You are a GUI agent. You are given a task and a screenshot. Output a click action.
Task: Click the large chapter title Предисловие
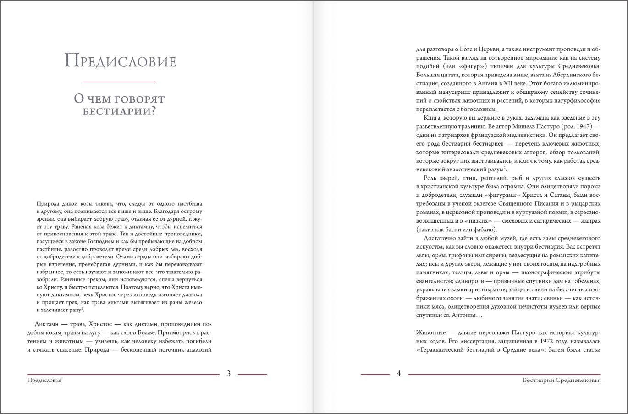tap(120, 61)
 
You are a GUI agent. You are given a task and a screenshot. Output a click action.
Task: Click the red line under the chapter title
tap(119, 82)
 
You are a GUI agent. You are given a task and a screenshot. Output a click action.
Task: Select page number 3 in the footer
tap(229, 373)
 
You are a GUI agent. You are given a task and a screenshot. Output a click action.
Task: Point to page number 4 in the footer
tap(399, 373)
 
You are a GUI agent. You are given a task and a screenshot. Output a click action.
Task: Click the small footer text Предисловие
tap(44, 381)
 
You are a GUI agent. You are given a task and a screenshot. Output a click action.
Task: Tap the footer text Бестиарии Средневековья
tap(562, 381)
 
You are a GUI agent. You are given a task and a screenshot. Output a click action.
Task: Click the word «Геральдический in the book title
tap(442, 350)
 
